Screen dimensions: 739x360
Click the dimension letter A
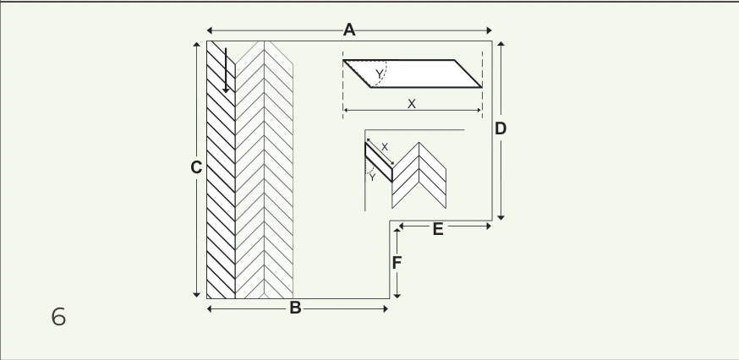tap(348, 30)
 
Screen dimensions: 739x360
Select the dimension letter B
tap(295, 308)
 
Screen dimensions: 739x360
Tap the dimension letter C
tap(196, 168)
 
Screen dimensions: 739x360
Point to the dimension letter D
tap(501, 128)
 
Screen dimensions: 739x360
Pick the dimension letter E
tap(438, 230)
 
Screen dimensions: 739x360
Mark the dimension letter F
tap(397, 263)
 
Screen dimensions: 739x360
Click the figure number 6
tap(58, 317)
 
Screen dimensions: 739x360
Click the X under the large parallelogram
tap(412, 104)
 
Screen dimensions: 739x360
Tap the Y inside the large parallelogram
tap(380, 74)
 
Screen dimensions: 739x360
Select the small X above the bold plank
tap(385, 147)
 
